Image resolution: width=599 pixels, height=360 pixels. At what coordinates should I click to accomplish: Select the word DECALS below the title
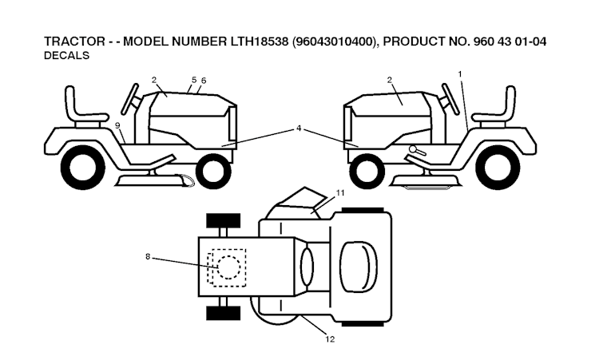(67, 56)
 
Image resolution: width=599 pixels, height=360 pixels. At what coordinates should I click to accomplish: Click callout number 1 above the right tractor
(460, 74)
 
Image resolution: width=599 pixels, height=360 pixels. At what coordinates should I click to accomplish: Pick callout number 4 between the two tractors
(298, 128)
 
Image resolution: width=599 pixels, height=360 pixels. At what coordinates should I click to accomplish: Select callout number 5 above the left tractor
(193, 80)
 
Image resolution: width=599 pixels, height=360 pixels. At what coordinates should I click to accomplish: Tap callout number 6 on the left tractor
(204, 81)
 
